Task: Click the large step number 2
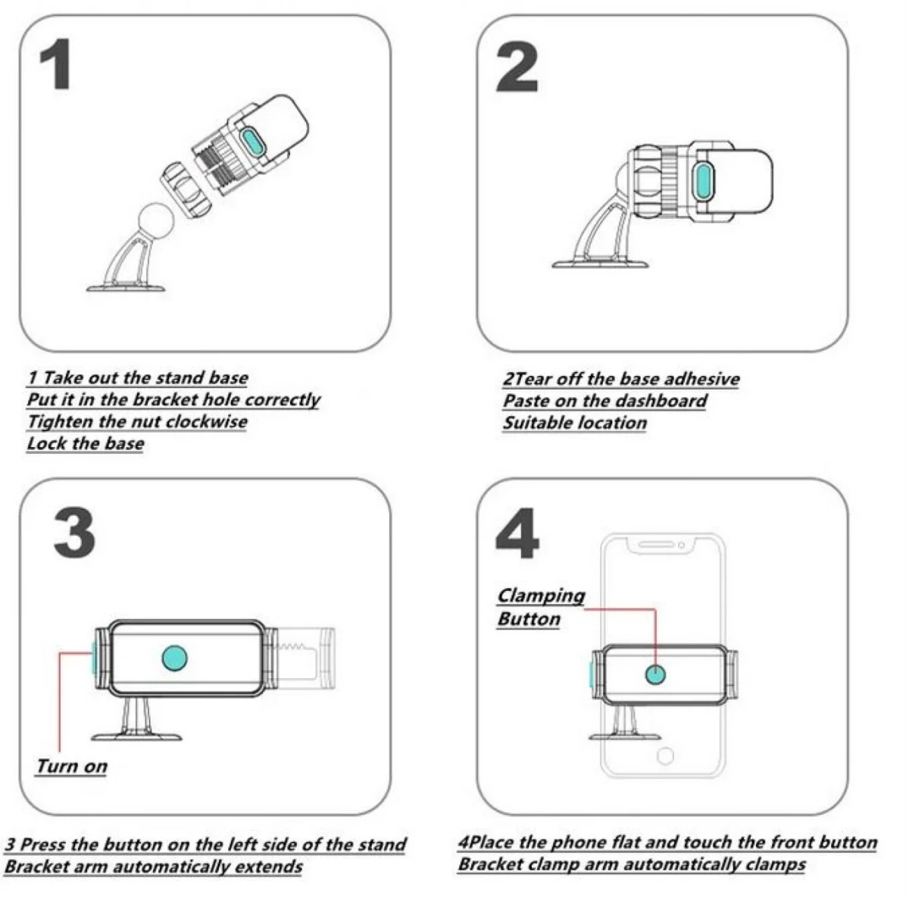[x=517, y=66]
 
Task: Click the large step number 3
[x=74, y=533]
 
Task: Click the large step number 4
[x=517, y=533]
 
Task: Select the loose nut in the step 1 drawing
[x=186, y=191]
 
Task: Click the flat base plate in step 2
[x=600, y=264]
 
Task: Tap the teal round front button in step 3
[x=174, y=658]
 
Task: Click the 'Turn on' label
[x=72, y=767]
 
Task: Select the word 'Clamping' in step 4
[x=541, y=596]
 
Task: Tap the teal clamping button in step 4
[x=656, y=674]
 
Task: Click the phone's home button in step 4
[x=665, y=755]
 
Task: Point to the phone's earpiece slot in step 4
[x=656, y=544]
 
